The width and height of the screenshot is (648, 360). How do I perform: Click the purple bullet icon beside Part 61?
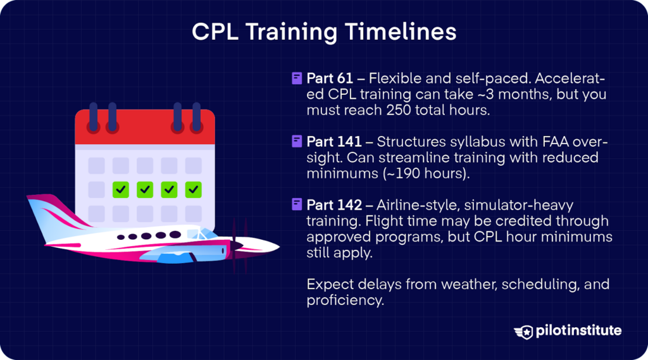coord(296,78)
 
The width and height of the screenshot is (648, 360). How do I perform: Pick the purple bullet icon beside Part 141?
coord(296,141)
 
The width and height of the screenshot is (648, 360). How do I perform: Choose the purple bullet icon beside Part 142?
coord(296,204)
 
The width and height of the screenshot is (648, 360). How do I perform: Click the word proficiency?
coord(345,300)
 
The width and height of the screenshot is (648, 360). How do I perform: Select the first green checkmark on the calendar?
coord(120,189)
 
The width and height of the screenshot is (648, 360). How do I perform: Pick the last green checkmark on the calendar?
coord(194,189)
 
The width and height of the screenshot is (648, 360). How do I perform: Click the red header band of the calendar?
coord(145,126)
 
